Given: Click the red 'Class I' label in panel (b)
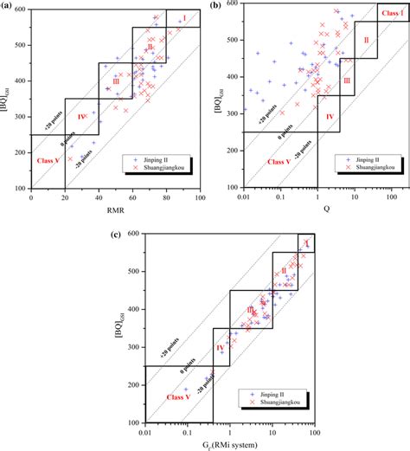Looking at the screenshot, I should click(392, 15).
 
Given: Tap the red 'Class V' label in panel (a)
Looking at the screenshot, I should click(48, 161).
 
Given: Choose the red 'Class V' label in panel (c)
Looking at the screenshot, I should click(176, 396).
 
